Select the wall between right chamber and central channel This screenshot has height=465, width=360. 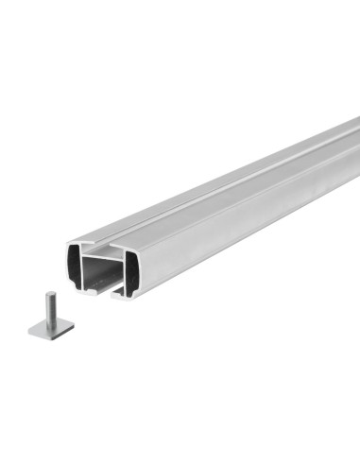click(123, 272)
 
